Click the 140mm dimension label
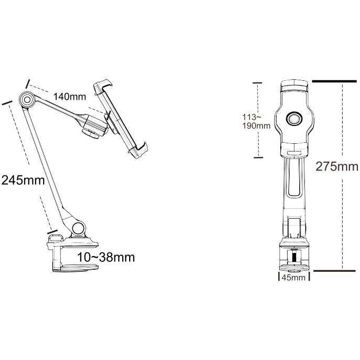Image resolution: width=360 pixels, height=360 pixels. coord(70,97)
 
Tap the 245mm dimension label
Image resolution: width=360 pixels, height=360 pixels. coord(23,180)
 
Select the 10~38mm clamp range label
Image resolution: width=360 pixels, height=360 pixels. coord(106,257)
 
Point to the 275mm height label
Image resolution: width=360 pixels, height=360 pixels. coord(336,166)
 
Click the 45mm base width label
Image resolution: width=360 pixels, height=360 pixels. coord(293,277)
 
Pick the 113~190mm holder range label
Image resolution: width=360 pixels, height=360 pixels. coord(257,121)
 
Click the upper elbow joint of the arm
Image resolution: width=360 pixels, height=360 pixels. coord(27,100)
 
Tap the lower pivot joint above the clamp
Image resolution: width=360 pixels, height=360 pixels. coord(78,228)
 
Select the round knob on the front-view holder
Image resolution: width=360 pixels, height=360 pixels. coord(294,119)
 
